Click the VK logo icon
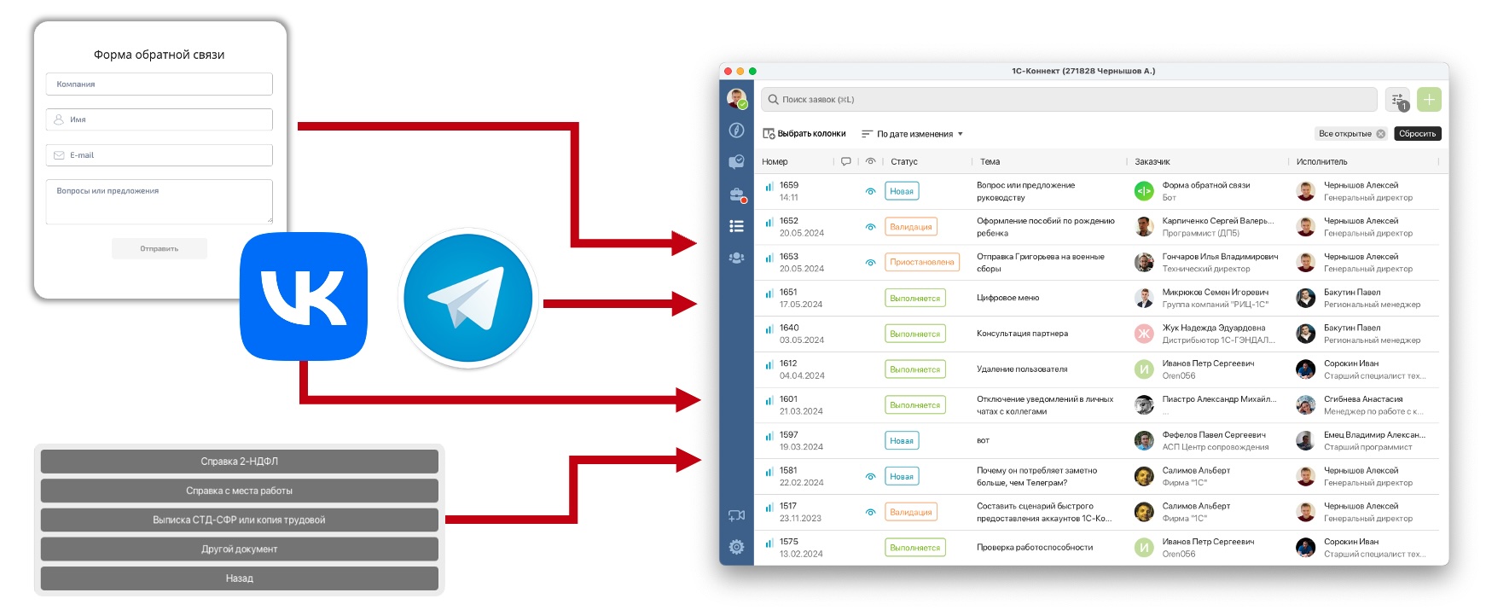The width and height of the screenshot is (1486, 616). point(304,296)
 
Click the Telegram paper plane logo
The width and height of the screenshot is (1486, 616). point(468,299)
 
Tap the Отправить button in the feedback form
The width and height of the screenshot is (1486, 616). point(160,248)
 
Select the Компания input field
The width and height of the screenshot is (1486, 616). point(160,84)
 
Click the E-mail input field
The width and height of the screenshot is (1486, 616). point(160,155)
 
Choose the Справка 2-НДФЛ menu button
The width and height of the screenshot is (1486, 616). point(240,462)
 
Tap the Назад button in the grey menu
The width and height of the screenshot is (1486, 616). point(240,578)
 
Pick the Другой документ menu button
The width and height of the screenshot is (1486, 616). point(240,549)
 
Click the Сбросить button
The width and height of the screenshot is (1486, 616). point(1417,134)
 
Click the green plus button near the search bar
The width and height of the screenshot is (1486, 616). point(1429,100)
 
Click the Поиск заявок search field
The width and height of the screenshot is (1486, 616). point(1068,100)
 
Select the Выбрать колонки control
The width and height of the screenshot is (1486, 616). point(804,134)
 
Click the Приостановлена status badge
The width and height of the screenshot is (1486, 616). point(921,263)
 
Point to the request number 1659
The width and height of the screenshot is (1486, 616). point(789,185)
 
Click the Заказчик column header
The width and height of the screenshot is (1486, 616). point(1152,161)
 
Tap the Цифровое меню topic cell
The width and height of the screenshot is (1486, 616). point(1007,299)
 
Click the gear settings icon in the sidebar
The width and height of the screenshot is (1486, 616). point(737,547)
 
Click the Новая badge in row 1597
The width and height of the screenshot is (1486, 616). point(902,441)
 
